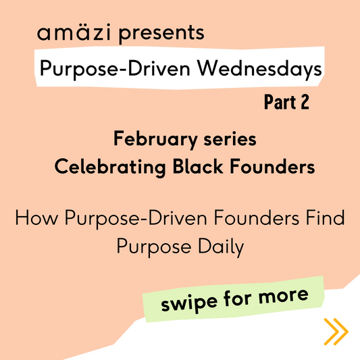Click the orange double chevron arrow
click(335, 331)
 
